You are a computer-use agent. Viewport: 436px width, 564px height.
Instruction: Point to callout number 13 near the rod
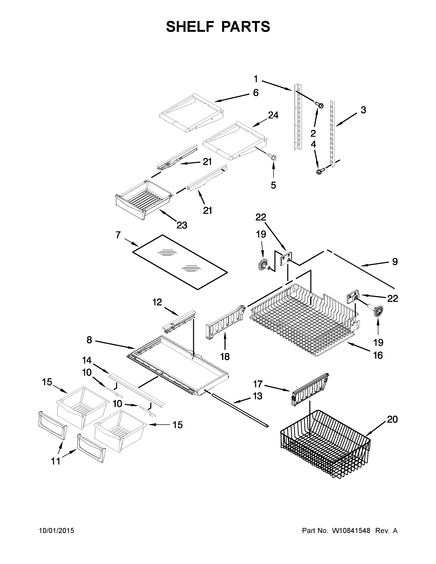click(x=257, y=396)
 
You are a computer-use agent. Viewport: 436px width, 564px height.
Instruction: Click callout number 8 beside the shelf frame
click(x=89, y=340)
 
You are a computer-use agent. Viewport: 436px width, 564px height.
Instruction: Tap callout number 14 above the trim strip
click(x=87, y=360)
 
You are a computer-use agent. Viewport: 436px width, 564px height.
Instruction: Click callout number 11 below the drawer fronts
click(x=56, y=461)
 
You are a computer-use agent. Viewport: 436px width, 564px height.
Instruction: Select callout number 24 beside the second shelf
click(x=273, y=115)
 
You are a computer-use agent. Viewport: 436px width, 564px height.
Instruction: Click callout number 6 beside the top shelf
click(x=255, y=92)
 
